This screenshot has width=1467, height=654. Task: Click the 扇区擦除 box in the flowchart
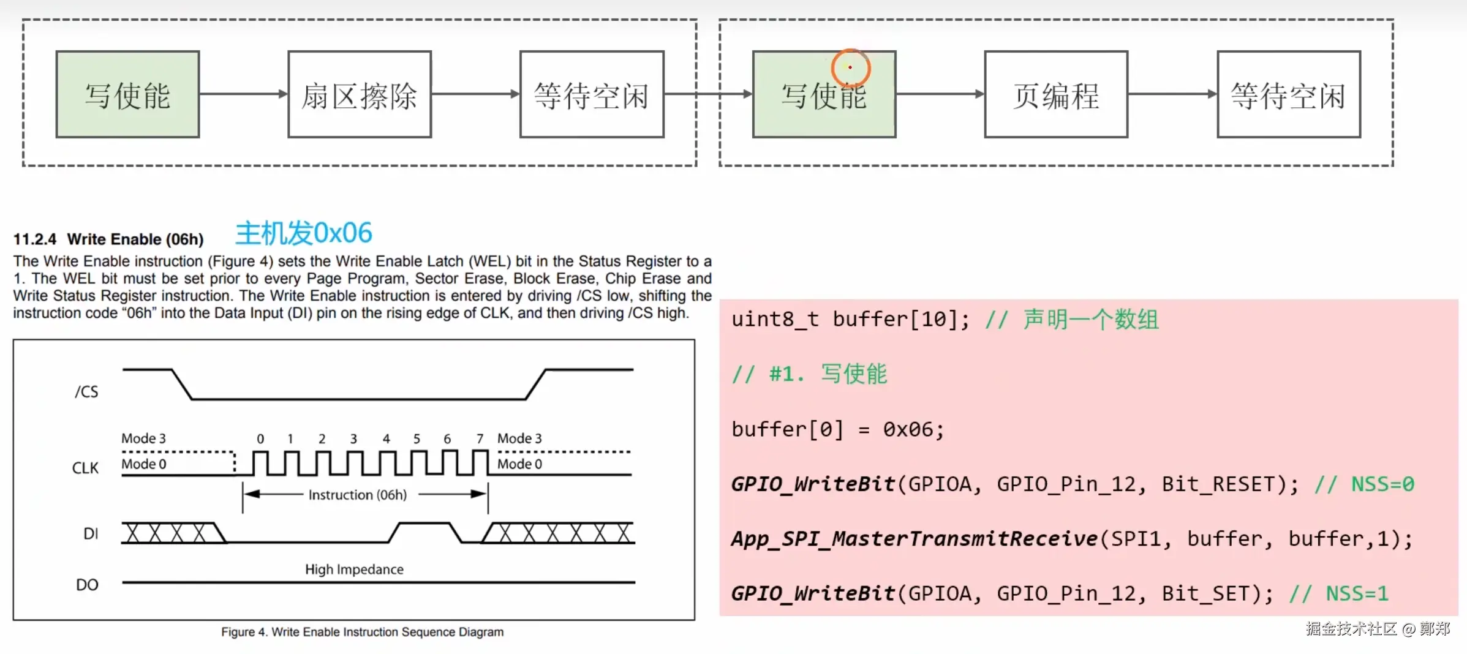pyautogui.click(x=360, y=94)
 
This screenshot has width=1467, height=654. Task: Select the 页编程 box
pyautogui.click(x=1055, y=94)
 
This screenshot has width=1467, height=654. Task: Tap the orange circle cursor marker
pyautogui.click(x=850, y=67)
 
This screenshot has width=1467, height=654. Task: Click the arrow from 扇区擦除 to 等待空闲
pyautogui.click(x=475, y=94)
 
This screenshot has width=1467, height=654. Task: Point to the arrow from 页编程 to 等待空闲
pyautogui.click(x=1172, y=94)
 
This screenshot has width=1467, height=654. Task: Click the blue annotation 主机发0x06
pyautogui.click(x=303, y=233)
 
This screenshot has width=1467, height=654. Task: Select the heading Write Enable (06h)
pyautogui.click(x=135, y=239)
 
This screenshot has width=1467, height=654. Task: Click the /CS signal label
pyautogui.click(x=86, y=391)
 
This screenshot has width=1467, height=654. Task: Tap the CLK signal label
pyautogui.click(x=85, y=468)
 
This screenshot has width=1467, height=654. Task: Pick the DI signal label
pyautogui.click(x=90, y=534)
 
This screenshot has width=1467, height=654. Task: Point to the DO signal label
pyautogui.click(x=87, y=585)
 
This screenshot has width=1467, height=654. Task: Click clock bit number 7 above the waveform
pyautogui.click(x=480, y=438)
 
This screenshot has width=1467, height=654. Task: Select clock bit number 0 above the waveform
pyautogui.click(x=260, y=438)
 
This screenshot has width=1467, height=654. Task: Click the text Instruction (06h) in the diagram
pyautogui.click(x=357, y=495)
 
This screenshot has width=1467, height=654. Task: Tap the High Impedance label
pyautogui.click(x=354, y=569)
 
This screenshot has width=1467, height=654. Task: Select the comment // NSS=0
pyautogui.click(x=1364, y=484)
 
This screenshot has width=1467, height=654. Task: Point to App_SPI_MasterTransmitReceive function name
pyautogui.click(x=914, y=539)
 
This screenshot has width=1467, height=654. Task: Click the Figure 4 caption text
pyautogui.click(x=362, y=632)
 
